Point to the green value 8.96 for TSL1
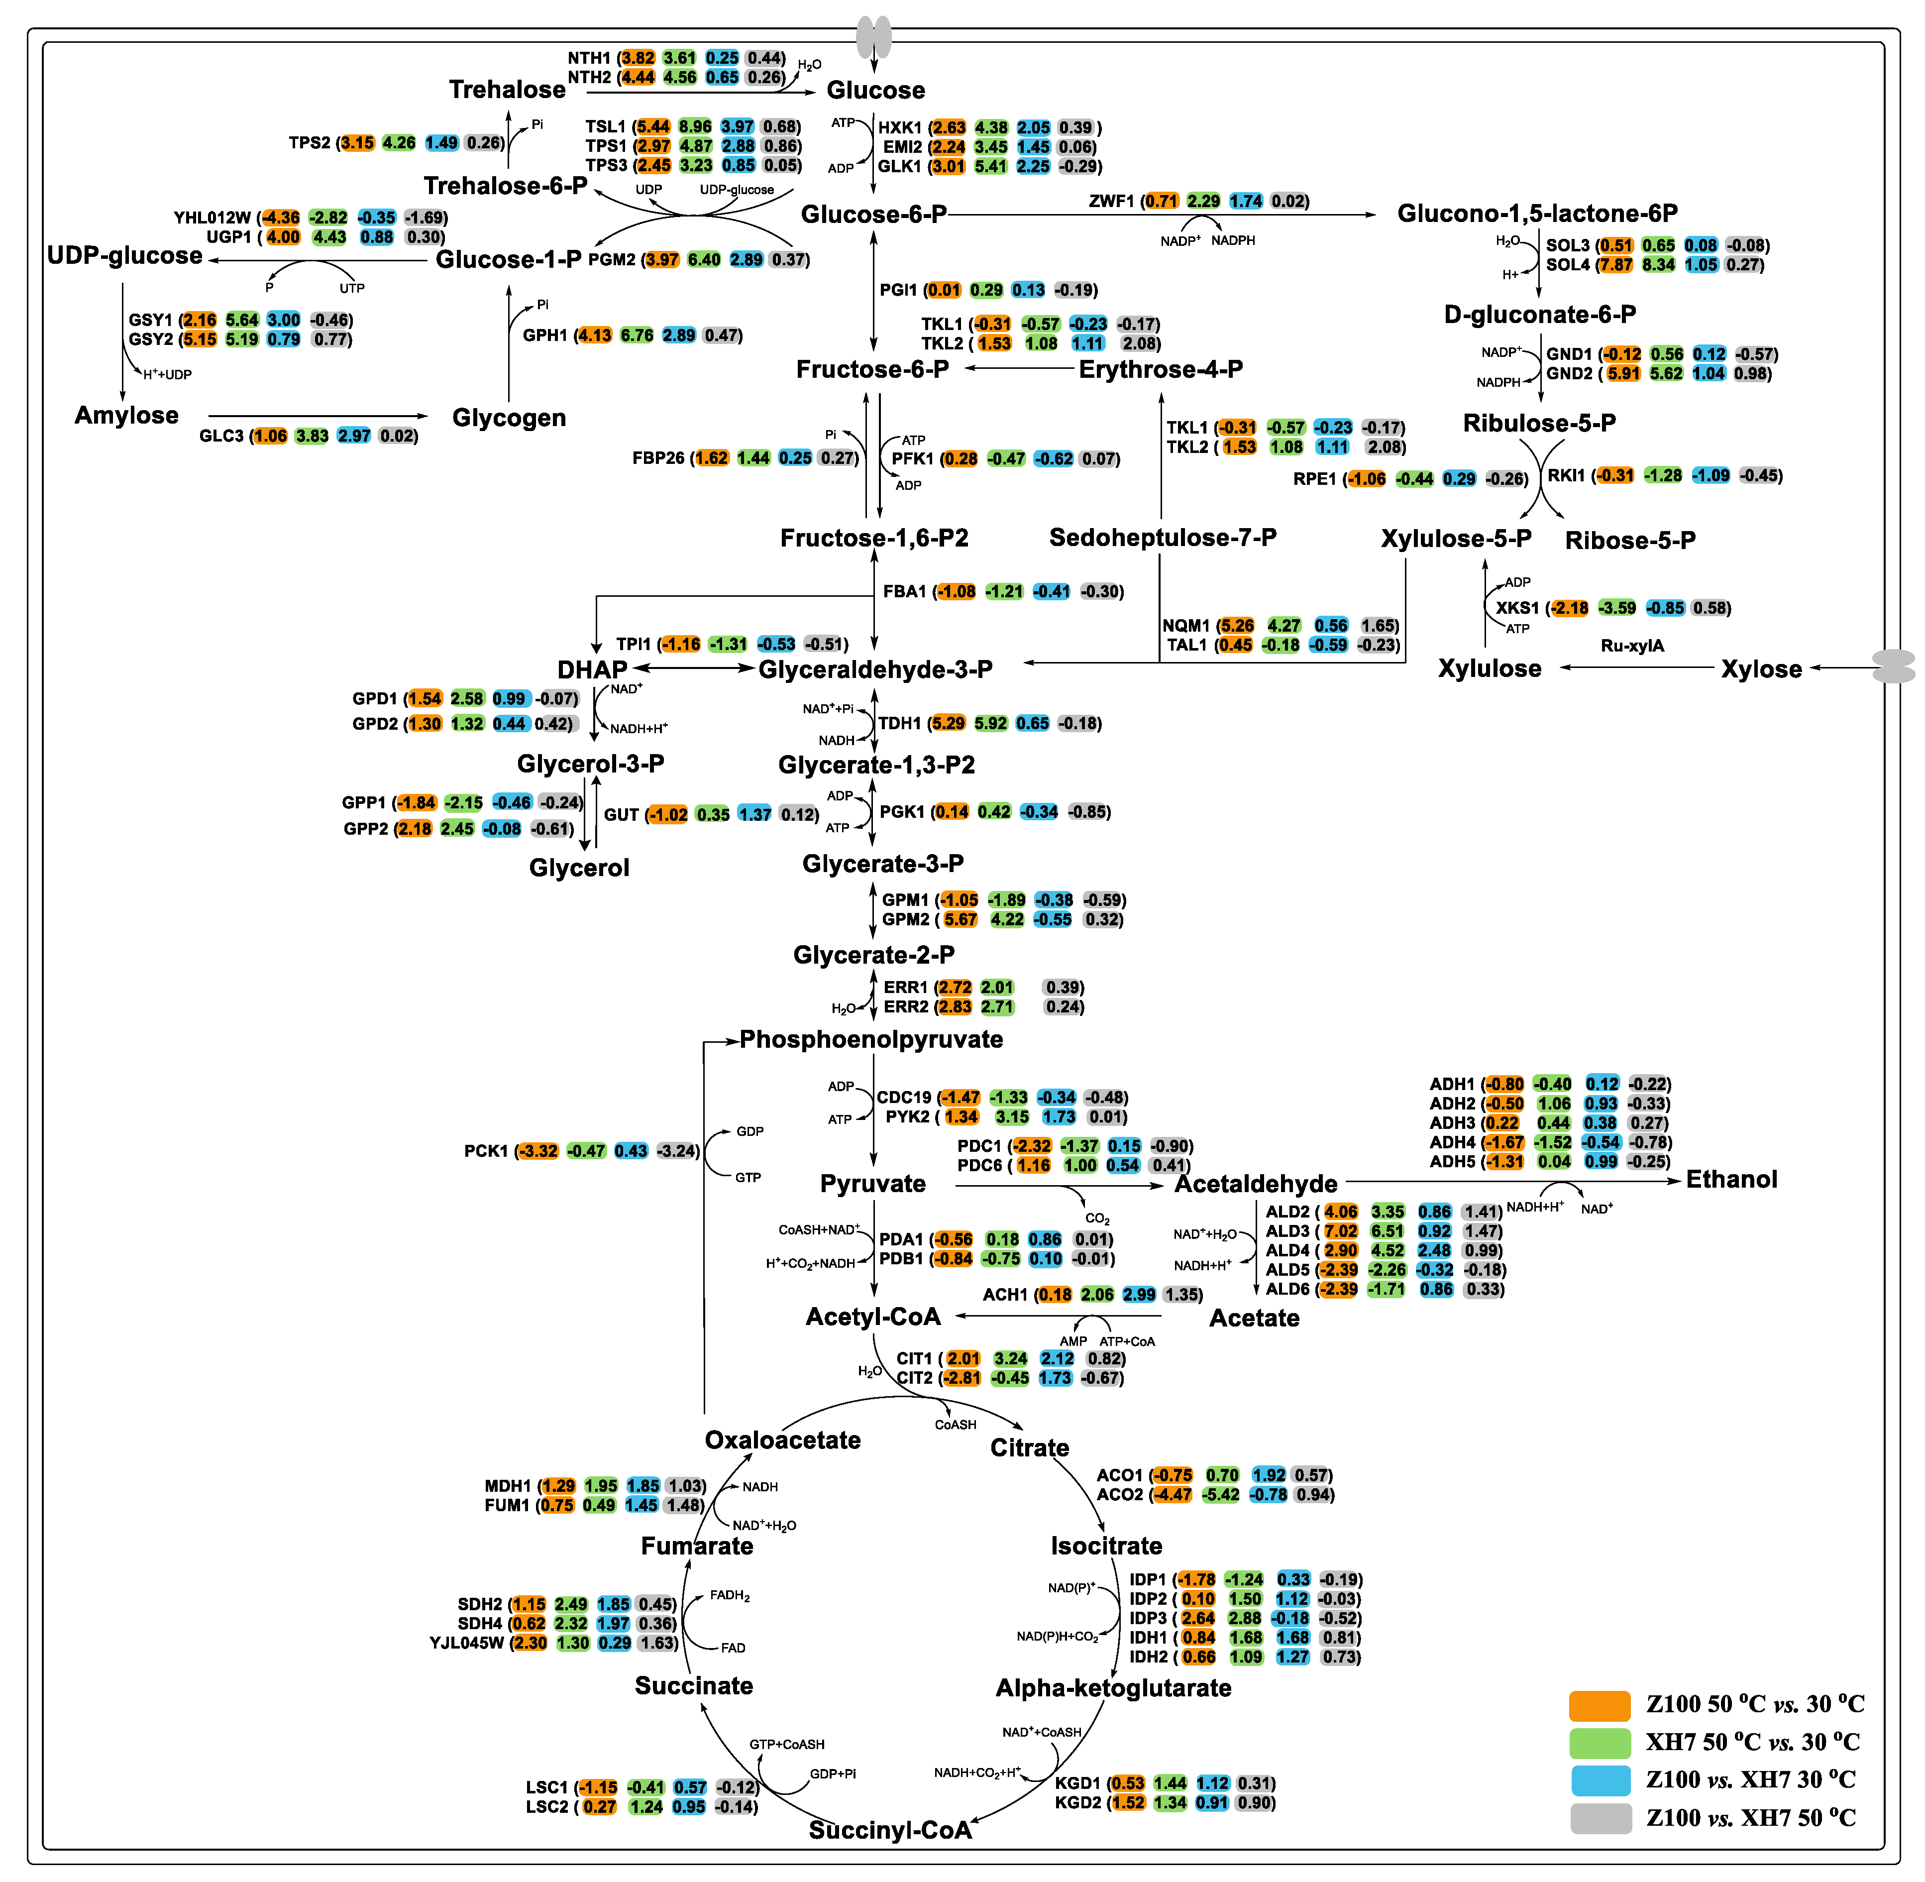pos(695,126)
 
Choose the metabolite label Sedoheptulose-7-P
pos(1162,538)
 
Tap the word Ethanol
pos(1730,1179)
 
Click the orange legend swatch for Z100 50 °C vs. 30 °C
pos(1599,1705)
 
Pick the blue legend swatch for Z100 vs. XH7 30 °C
pos(1599,1780)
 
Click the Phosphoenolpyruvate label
pos(870,1040)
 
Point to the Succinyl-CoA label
pos(889,1831)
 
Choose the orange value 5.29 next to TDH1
pos(948,724)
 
